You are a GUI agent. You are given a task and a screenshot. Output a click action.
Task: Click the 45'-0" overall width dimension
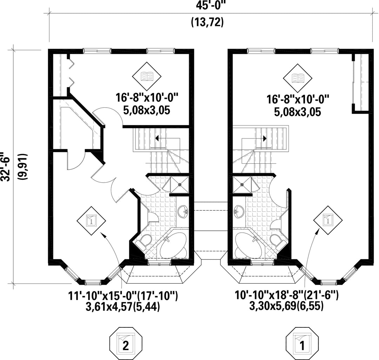(207, 6)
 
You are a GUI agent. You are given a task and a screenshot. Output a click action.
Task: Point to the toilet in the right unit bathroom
(277, 241)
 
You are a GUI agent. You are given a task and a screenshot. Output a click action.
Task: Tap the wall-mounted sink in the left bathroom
(183, 211)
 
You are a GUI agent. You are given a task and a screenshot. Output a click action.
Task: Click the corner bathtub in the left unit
(172, 247)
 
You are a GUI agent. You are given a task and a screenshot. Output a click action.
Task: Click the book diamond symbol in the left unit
(147, 76)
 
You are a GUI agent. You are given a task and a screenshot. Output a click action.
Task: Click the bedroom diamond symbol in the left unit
(91, 221)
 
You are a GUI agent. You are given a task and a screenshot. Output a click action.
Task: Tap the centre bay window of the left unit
(92, 281)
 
